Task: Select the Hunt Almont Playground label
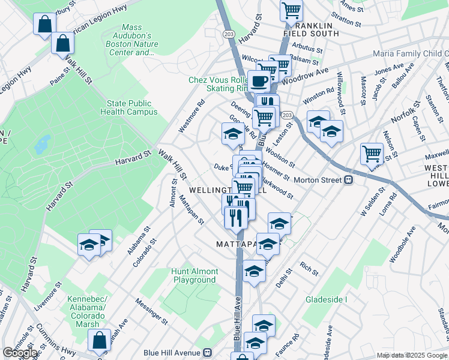pyautogui.click(x=194, y=275)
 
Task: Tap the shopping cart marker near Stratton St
pyautogui.click(x=291, y=10)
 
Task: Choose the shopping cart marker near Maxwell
pyautogui.click(x=372, y=154)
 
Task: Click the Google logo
pyautogui.click(x=20, y=353)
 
